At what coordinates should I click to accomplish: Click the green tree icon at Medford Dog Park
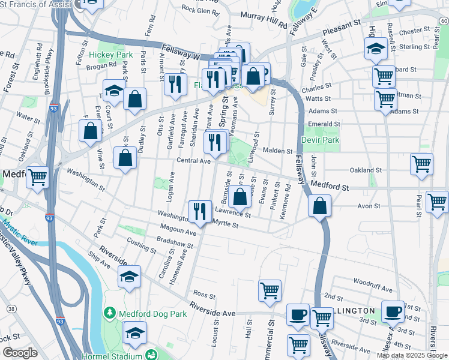[109, 312]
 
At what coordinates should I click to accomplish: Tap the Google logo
[20, 353]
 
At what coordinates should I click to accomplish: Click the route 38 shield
[11, 308]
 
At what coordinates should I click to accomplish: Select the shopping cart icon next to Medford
[38, 178]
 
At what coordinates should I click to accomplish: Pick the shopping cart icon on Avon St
[437, 202]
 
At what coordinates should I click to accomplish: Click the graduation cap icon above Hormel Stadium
[135, 332]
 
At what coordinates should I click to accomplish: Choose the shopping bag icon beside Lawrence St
[240, 196]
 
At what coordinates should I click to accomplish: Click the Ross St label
[204, 295]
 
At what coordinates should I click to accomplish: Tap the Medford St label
[330, 187]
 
